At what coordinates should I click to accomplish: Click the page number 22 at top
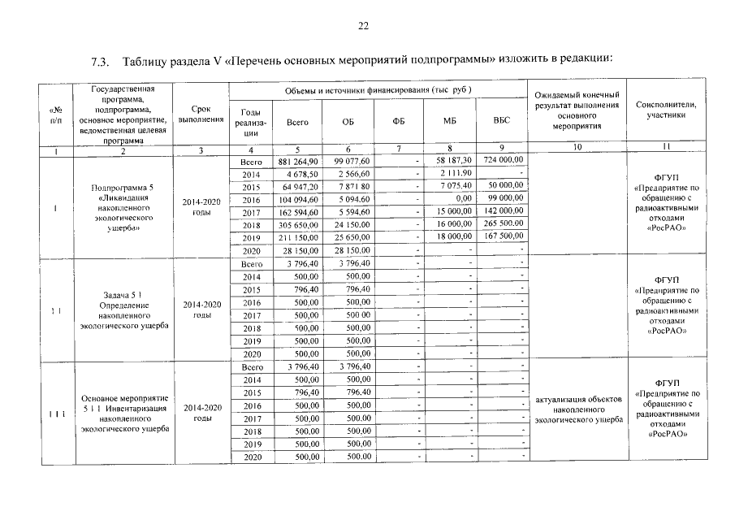(x=363, y=26)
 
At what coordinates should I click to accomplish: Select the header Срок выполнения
(x=201, y=114)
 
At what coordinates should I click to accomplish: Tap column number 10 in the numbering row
(x=575, y=149)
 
